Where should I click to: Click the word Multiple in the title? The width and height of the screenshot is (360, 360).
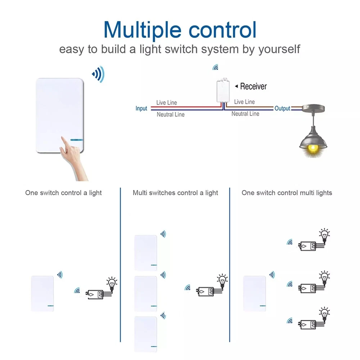pos(143,31)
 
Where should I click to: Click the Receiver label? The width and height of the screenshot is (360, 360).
pos(253,86)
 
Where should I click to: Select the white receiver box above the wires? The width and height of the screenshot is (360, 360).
pos(223,90)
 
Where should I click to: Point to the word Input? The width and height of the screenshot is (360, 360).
pos(141,108)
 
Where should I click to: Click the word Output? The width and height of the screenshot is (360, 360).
pos(282,108)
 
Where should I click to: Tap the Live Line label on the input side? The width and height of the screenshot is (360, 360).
pos(167,102)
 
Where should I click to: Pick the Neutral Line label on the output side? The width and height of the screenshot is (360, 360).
pos(245,114)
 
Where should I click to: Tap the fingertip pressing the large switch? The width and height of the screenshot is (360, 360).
pos(62,138)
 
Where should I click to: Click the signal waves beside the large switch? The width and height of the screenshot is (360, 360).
pos(98,74)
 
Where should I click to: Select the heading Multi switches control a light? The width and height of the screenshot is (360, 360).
pos(175,193)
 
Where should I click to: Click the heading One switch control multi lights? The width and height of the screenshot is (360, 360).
pos(287,193)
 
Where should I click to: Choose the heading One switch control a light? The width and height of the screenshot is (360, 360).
pos(63,193)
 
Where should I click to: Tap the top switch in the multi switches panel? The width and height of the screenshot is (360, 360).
pos(145,253)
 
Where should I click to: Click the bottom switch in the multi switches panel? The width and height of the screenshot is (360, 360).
pos(145,334)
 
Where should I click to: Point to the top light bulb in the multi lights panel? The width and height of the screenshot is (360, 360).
pos(324,235)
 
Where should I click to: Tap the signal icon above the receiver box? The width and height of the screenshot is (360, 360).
pos(215,67)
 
